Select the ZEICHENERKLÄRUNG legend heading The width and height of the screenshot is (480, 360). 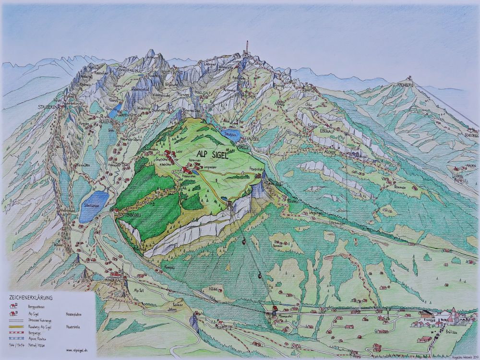point(31,298)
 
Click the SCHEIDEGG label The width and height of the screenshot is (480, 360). point(469,135)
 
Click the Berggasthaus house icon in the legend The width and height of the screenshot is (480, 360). point(14,306)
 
